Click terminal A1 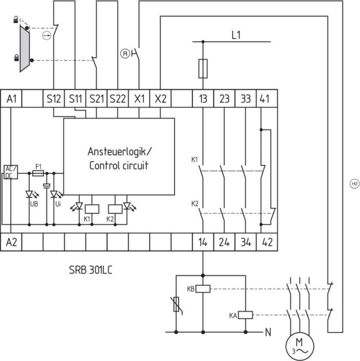pyautogui.click(x=12, y=99)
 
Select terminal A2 pyautogui.click(x=12, y=242)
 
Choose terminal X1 pyautogui.click(x=139, y=99)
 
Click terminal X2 pyautogui.click(x=160, y=99)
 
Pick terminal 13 pyautogui.click(x=203, y=99)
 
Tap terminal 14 pyautogui.click(x=203, y=242)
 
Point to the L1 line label pyautogui.click(x=237, y=36)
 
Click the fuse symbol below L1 pyautogui.click(x=203, y=69)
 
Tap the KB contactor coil pyautogui.click(x=203, y=288)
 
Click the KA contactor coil pyautogui.click(x=245, y=315)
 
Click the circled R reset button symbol pyautogui.click(x=124, y=53)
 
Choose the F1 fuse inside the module pyautogui.click(x=38, y=173)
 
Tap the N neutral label pyautogui.click(x=269, y=332)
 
